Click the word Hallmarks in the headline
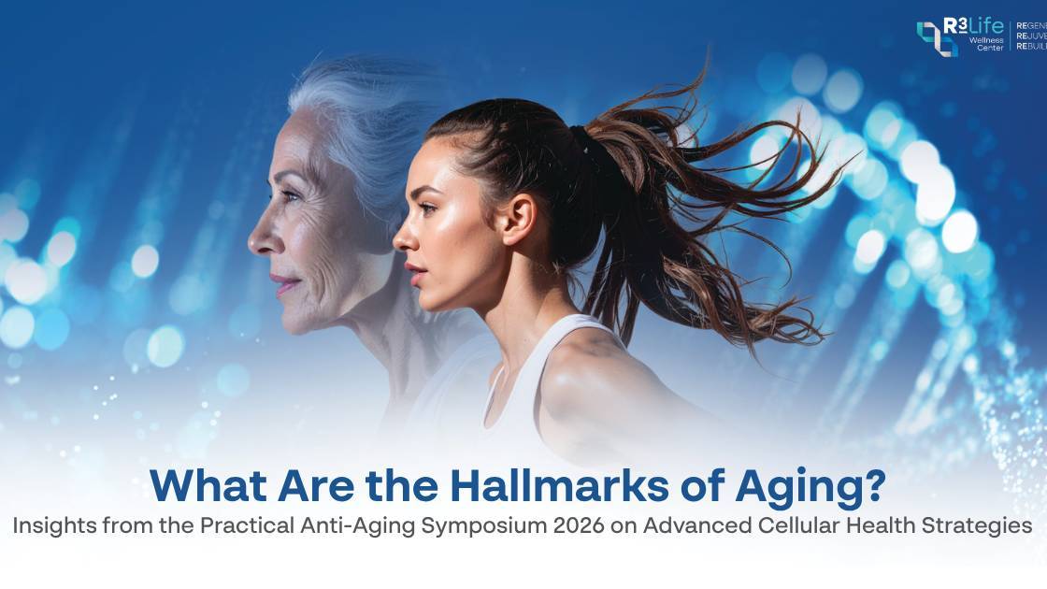pos(548,485)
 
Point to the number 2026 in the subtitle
pos(570,526)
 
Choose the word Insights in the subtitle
pos(54,526)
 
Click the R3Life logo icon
pos(936,38)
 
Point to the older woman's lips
pos(281,281)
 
